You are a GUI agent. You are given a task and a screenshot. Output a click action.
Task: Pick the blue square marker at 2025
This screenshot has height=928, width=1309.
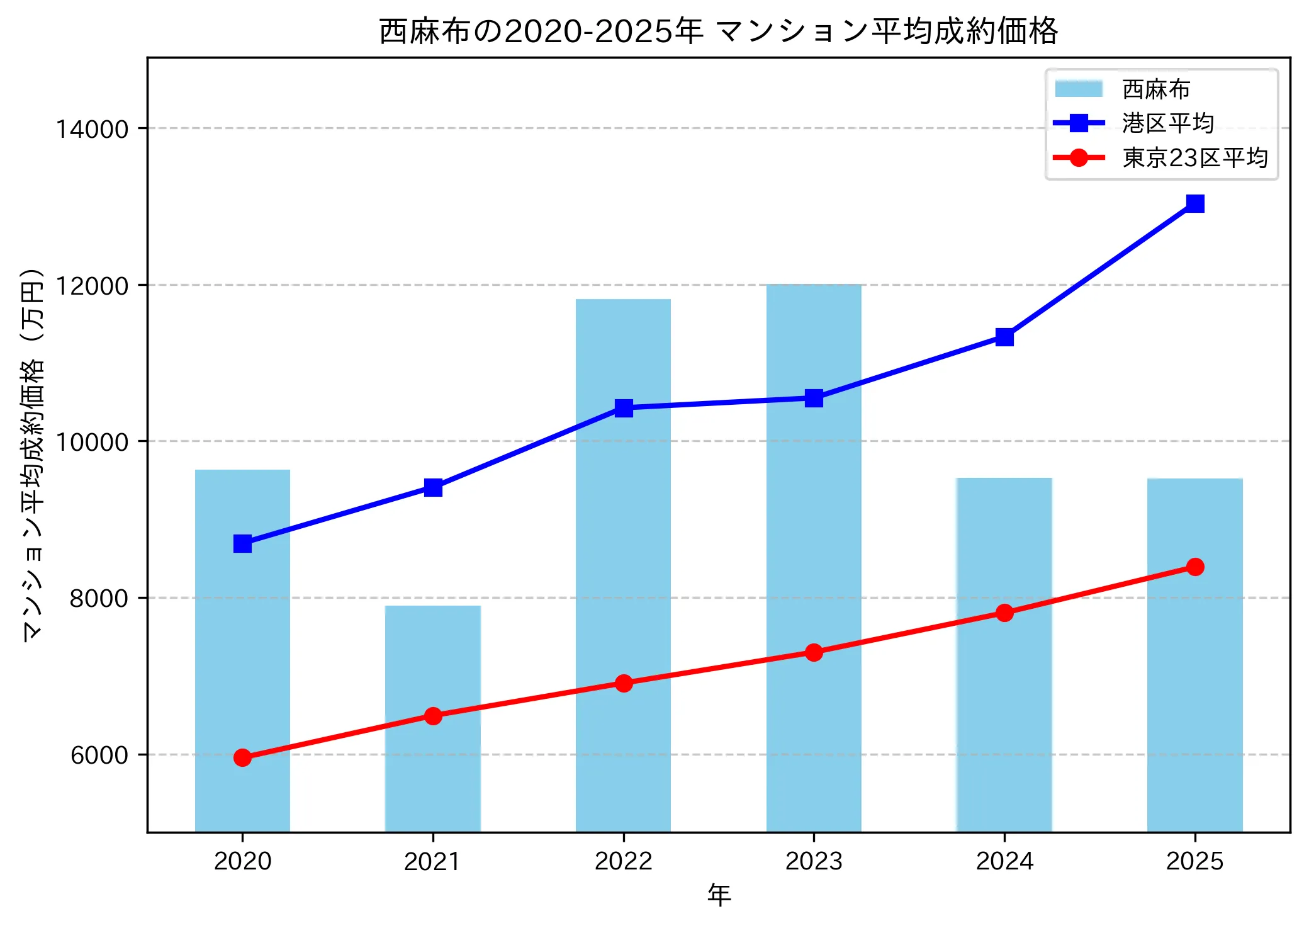1194,203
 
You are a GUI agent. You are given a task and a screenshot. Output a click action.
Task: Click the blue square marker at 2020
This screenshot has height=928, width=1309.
242,543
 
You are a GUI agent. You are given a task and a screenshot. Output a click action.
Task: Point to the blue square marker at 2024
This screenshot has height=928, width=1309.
1004,337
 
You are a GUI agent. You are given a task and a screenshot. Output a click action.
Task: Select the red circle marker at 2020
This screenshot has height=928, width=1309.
242,757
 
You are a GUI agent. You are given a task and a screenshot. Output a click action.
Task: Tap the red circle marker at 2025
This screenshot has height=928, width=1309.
1194,567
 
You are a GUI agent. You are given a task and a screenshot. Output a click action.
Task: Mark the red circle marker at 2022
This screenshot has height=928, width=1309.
623,683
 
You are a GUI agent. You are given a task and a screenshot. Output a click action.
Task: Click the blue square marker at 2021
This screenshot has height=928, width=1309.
433,487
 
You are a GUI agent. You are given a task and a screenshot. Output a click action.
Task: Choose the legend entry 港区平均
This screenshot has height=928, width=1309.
1167,123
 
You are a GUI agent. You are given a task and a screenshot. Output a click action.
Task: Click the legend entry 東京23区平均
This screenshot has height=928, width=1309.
1194,157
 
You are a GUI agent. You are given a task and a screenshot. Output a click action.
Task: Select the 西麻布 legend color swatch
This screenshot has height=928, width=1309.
1079,89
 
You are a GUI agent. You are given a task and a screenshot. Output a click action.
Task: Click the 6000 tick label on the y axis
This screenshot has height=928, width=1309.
99,755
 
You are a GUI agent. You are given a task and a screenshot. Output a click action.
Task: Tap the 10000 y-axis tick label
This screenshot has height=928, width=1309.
93,442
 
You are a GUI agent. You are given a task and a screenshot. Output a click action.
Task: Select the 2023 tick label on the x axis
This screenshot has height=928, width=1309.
814,861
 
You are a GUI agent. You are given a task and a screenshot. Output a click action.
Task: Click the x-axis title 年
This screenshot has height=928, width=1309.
719,895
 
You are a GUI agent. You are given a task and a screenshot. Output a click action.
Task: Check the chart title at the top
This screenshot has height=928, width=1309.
719,30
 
